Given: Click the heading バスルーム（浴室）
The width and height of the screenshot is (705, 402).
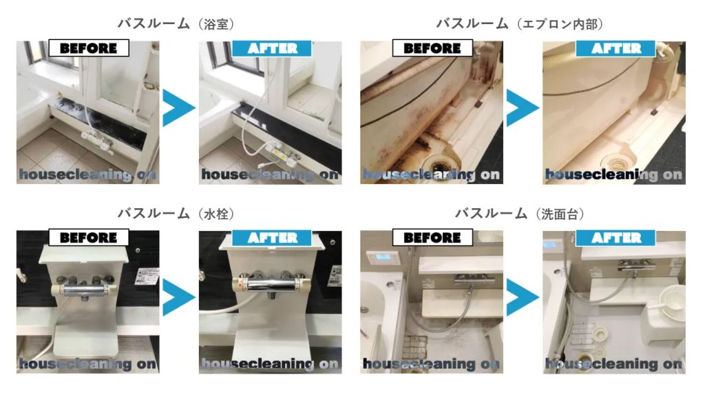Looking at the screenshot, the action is [x=176, y=23].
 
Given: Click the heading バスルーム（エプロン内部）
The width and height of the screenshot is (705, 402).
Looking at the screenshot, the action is [x=519, y=23].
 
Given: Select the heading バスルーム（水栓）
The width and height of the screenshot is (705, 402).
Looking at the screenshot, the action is [x=176, y=213].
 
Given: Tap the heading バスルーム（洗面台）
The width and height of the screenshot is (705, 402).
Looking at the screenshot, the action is [x=519, y=213].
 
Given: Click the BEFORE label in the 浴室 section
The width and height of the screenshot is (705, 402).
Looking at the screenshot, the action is [x=89, y=48].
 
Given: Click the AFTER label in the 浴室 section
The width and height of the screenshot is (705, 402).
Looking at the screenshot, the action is [x=272, y=48].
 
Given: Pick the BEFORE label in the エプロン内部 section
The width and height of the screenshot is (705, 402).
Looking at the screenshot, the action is [x=432, y=48].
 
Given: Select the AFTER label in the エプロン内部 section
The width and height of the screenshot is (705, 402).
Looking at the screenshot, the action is [x=615, y=48].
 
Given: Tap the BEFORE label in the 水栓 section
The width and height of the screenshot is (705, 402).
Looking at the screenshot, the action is [x=89, y=237].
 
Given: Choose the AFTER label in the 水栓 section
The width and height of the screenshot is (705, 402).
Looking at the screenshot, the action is [x=272, y=238].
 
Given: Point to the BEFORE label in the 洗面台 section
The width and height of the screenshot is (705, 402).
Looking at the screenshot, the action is [x=432, y=237].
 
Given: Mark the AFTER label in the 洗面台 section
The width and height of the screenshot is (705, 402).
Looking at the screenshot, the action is [x=615, y=238].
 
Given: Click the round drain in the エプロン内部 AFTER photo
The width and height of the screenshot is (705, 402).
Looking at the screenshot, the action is [x=615, y=161].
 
